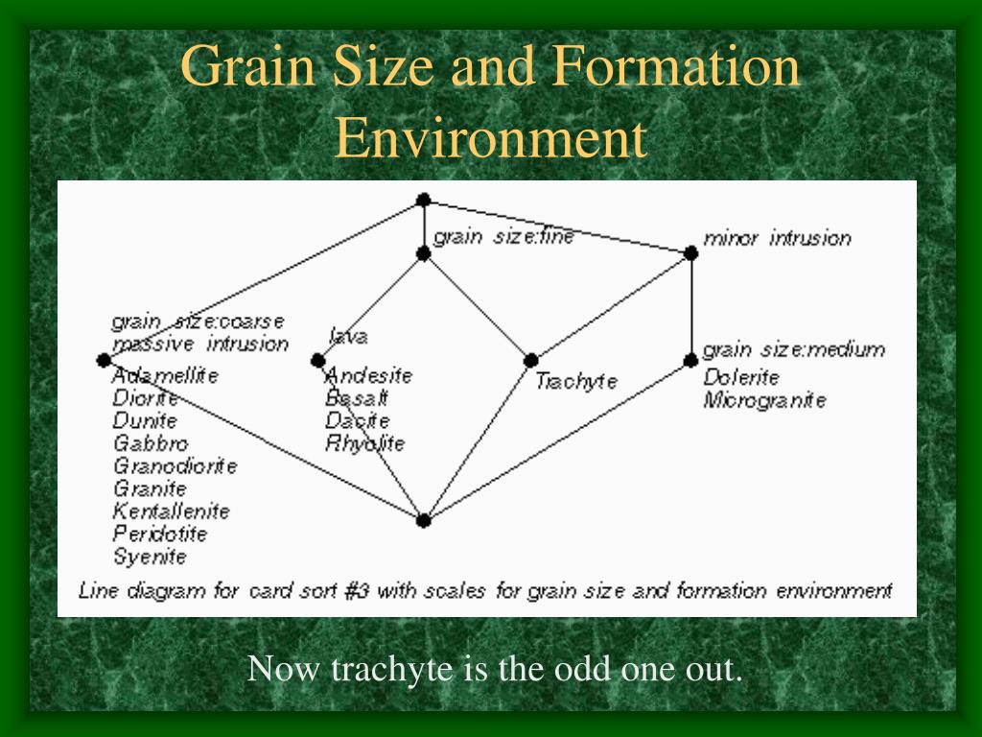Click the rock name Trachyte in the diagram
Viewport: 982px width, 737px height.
tap(576, 382)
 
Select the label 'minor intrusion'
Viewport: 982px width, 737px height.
tap(777, 238)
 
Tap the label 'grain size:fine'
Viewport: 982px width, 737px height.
tap(503, 237)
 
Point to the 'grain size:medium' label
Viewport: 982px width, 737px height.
tap(793, 349)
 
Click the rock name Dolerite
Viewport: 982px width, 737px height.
tap(741, 377)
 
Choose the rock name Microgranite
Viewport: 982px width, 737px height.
tap(764, 400)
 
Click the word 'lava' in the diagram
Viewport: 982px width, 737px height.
tap(348, 337)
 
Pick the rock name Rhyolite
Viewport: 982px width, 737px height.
tap(365, 444)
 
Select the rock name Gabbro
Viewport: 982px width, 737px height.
tap(151, 443)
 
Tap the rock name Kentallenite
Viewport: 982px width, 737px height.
tap(171, 511)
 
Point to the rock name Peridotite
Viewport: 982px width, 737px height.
tap(160, 534)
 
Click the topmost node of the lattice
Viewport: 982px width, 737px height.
tap(423, 200)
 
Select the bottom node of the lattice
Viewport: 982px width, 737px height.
tap(423, 520)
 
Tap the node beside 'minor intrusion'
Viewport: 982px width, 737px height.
tap(690, 253)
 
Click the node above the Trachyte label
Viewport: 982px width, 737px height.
tap(530, 361)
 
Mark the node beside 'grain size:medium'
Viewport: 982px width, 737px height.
tap(690, 361)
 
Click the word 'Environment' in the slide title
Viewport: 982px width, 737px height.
tap(490, 137)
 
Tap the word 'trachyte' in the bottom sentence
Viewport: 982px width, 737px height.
tap(391, 669)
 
